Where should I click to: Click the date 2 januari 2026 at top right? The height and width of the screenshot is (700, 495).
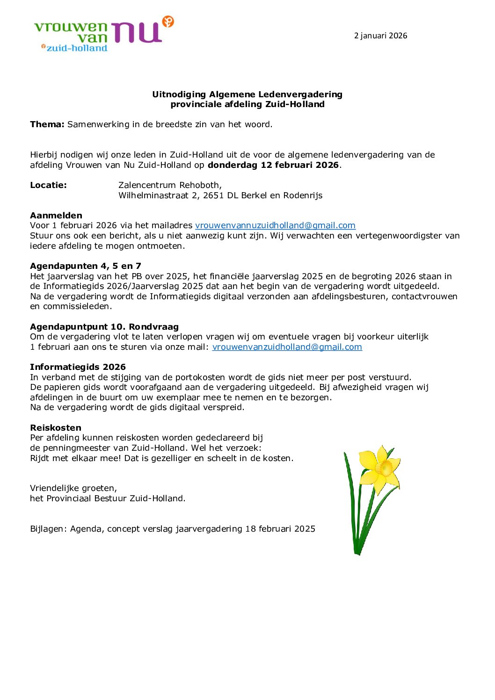(380, 36)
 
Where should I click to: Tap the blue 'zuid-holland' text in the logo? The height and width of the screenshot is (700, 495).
(77, 48)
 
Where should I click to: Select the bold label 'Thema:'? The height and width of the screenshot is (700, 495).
(47, 124)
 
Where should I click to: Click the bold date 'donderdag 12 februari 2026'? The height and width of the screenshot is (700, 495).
(273, 165)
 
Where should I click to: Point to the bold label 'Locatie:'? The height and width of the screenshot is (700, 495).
(48, 185)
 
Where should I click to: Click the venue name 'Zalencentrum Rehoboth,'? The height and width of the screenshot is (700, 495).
(170, 185)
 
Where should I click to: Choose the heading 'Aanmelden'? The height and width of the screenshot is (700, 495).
(56, 216)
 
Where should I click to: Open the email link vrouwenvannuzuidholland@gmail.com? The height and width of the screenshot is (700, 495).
(275, 225)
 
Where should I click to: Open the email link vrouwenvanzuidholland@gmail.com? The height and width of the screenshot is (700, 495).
(287, 347)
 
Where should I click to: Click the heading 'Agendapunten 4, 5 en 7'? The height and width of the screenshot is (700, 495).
(86, 266)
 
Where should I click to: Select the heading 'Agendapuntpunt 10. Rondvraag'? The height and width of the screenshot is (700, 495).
(104, 327)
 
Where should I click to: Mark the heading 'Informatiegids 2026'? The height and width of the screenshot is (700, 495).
(78, 367)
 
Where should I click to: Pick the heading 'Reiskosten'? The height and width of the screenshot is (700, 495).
(56, 428)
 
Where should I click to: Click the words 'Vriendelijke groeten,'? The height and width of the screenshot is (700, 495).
(73, 488)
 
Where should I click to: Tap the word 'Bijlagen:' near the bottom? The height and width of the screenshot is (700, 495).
(48, 529)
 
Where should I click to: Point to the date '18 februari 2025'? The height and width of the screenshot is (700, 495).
(280, 529)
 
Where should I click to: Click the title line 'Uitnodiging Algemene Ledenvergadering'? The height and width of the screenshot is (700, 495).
(247, 94)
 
